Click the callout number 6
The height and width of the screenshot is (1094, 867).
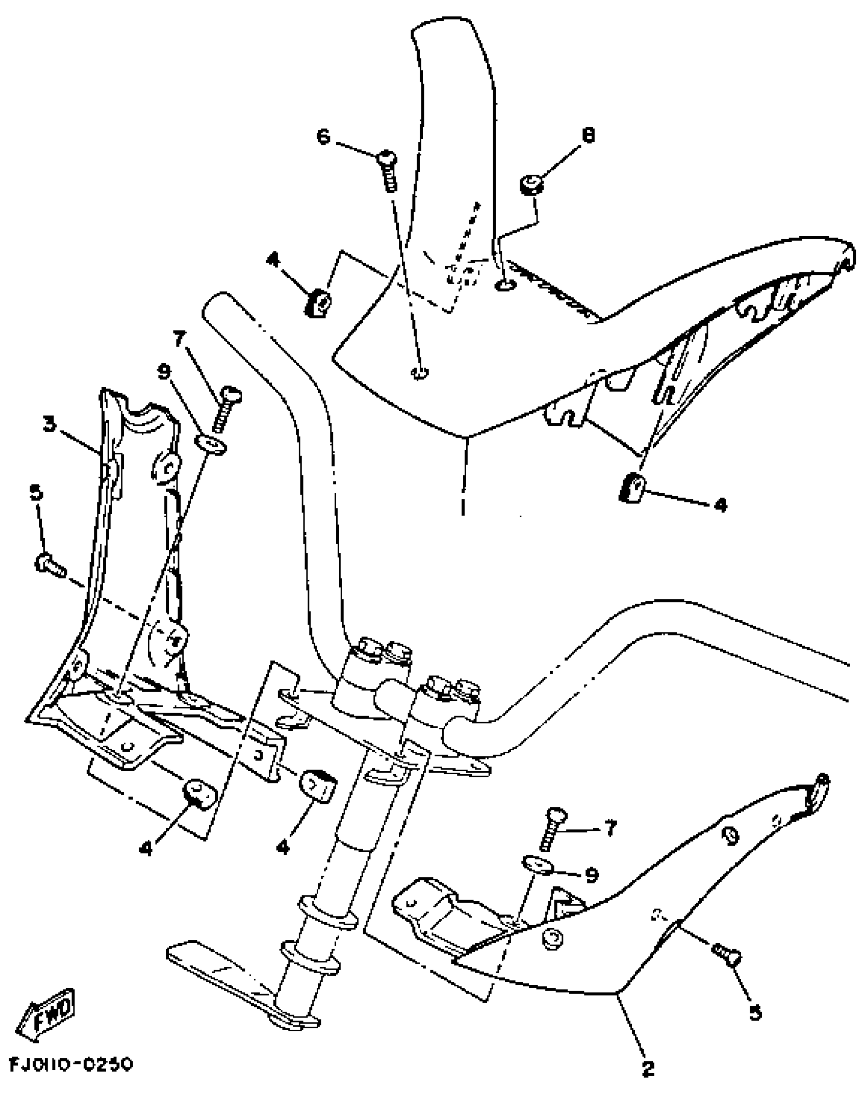pyautogui.click(x=323, y=137)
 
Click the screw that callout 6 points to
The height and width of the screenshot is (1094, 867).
pyautogui.click(x=389, y=170)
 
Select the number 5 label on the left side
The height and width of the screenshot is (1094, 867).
pyautogui.click(x=38, y=494)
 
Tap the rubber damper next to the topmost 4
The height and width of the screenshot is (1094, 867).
pyautogui.click(x=319, y=303)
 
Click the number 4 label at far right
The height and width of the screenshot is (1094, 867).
pyautogui.click(x=720, y=505)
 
